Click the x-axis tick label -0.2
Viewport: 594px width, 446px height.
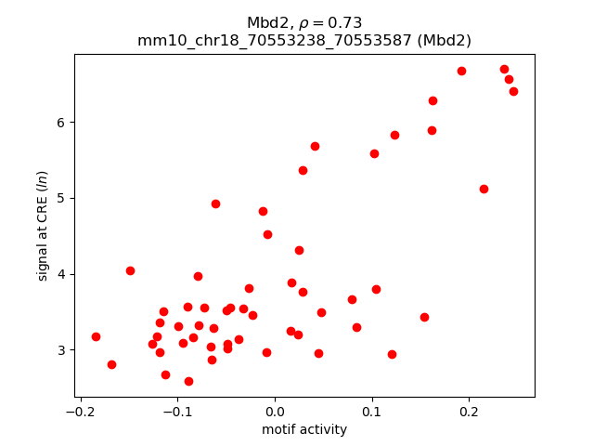coord(81,412)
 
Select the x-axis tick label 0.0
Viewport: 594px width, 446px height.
coord(275,412)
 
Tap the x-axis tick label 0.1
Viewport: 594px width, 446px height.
coord(372,412)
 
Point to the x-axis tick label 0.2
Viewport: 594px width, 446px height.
coord(469,412)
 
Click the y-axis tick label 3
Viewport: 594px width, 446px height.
coord(61,350)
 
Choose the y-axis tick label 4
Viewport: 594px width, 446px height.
coord(61,274)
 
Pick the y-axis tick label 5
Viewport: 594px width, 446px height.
coord(61,198)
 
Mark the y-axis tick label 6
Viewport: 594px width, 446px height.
coord(61,123)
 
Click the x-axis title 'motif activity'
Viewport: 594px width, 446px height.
coord(304,429)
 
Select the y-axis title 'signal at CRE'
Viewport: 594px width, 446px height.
coord(43,226)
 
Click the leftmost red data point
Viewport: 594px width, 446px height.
coord(96,336)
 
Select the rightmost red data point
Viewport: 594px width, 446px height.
coord(513,91)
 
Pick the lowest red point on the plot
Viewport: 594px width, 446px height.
coord(188,381)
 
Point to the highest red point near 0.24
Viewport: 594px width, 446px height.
coord(504,69)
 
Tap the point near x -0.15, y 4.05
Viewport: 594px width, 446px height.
coord(130,270)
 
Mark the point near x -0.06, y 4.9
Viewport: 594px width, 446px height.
coord(215,203)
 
